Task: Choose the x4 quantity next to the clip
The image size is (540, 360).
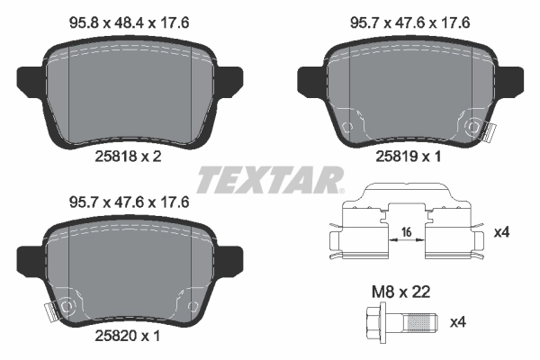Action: point(504,232)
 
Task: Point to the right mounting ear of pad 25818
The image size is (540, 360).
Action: point(232,76)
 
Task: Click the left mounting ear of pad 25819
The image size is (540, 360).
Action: point(309,76)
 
